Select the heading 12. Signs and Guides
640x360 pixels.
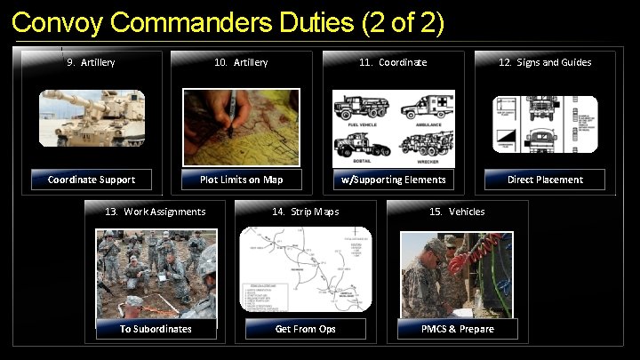[x=544, y=62]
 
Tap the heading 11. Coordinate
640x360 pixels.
[x=392, y=62]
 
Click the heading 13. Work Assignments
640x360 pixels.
[x=156, y=212]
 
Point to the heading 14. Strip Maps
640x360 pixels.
[x=305, y=212]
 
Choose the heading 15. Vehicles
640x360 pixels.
[x=457, y=212]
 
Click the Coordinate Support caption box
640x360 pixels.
[x=92, y=180]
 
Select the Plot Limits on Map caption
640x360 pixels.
[x=241, y=180]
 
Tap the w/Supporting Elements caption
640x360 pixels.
[x=394, y=180]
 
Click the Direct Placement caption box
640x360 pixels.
[x=545, y=180]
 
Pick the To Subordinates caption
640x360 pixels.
[x=156, y=329]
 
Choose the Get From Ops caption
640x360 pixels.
[x=305, y=329]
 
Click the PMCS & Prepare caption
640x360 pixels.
[x=458, y=329]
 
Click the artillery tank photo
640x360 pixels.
[x=92, y=119]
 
